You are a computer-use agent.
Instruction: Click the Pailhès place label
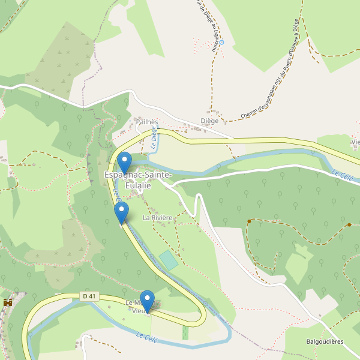[x=146, y=121]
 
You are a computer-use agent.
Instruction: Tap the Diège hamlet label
[x=209, y=121]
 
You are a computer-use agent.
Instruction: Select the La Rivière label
[x=158, y=218]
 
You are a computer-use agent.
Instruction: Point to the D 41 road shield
[x=89, y=296]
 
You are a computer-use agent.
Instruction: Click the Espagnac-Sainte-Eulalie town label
[x=138, y=180]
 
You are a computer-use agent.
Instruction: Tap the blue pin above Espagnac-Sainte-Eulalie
[x=124, y=162]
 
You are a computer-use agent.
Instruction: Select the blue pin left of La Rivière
[x=121, y=212]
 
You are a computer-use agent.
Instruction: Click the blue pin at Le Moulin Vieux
[x=146, y=300]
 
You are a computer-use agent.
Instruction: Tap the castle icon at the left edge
[x=8, y=302]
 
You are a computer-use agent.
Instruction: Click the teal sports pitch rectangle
[x=169, y=260]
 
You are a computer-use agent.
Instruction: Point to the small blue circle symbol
[x=221, y=43]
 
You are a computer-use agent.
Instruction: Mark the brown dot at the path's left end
[x=248, y=222]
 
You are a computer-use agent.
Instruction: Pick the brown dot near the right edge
[x=349, y=225]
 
